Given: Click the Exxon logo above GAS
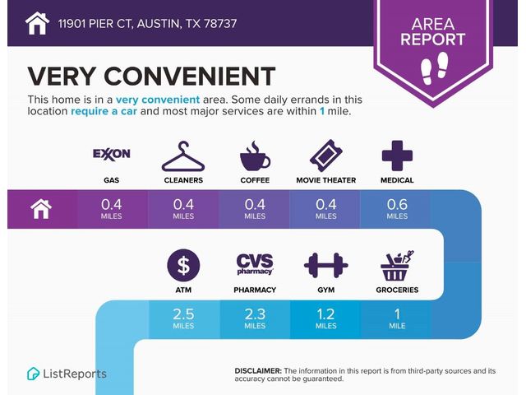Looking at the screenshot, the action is [x=112, y=154].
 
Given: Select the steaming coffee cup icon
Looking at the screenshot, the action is [x=255, y=156].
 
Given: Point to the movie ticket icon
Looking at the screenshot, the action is [x=325, y=156].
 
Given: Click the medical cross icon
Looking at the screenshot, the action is [x=397, y=156].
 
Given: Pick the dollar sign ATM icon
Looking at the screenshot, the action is [x=183, y=265].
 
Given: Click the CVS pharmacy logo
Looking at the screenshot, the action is [x=255, y=264].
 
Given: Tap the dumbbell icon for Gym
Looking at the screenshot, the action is [x=326, y=265].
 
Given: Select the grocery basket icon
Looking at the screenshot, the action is [x=397, y=265].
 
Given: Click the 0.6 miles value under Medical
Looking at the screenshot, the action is [x=397, y=209].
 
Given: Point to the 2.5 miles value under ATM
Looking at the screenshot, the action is [x=183, y=318].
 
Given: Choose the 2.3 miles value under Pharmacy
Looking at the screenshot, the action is [x=255, y=318].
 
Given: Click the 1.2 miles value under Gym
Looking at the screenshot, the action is [x=325, y=318].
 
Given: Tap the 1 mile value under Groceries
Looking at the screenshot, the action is [x=397, y=318].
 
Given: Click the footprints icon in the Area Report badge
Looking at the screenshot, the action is [x=435, y=67].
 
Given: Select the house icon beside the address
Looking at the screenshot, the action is [x=37, y=23].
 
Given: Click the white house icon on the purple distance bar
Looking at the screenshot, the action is [x=41, y=209].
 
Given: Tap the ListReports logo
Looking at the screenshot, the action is [x=67, y=374].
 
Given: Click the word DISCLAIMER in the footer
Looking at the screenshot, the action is [x=258, y=371].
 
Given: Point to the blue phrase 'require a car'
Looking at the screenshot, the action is [x=104, y=111].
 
